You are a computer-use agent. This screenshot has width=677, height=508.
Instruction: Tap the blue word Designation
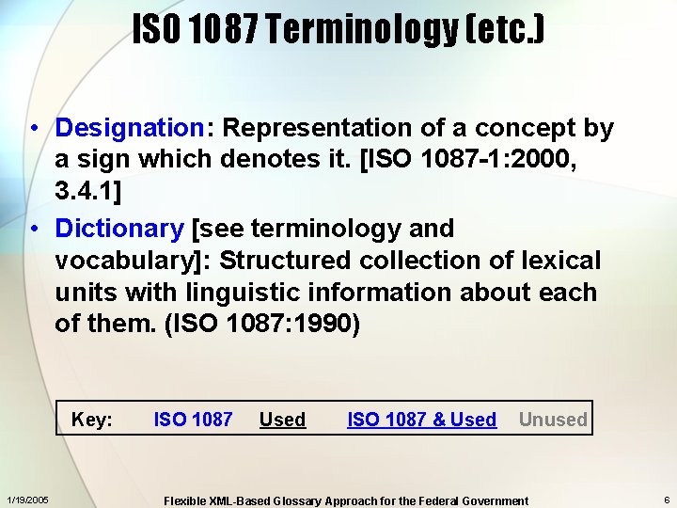point(130,128)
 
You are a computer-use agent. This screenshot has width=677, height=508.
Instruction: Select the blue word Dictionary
point(119,229)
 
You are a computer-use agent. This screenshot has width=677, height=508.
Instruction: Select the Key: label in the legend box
point(92,420)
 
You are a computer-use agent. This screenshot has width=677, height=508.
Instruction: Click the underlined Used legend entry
point(282,420)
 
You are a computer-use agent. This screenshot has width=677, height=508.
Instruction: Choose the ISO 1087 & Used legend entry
point(421,420)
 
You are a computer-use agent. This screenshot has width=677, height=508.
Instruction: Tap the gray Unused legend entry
point(553,420)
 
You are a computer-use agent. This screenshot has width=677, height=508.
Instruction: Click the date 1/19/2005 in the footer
point(28,500)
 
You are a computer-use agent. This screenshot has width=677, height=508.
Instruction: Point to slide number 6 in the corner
point(665,500)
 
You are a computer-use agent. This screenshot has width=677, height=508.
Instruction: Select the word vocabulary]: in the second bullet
point(132,261)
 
